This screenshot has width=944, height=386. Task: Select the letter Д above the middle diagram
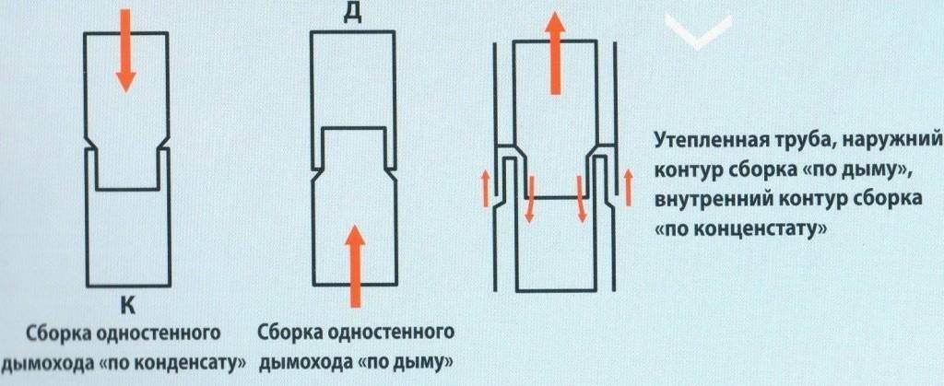pos(353,13)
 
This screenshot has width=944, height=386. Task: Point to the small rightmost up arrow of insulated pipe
pos(628,186)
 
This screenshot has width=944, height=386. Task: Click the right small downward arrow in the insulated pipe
pos(582,198)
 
